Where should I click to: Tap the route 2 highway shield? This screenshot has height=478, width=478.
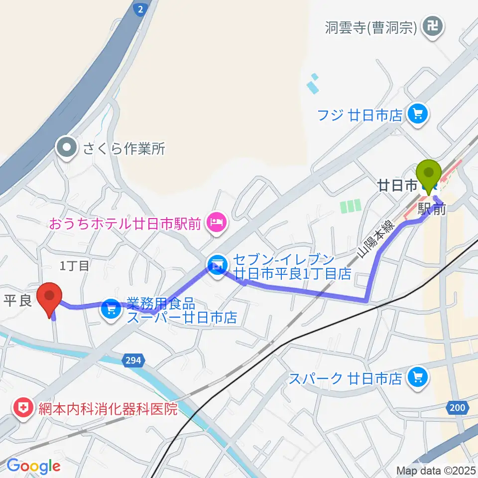pos(141,8)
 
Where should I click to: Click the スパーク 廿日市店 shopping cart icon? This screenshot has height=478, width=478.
pos(417,378)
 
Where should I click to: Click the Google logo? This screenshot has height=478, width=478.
pos(33,466)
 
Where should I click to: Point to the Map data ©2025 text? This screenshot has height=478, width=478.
pos(436,471)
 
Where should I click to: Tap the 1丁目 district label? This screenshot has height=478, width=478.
pos(74,266)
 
